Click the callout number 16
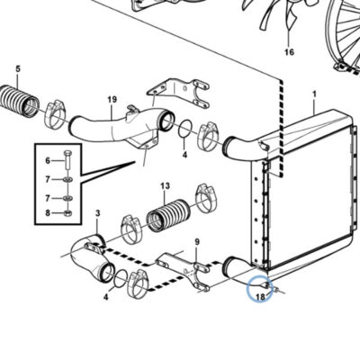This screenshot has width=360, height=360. click(289, 52)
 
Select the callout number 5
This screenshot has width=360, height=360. click(18, 68)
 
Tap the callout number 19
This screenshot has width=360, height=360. click(112, 99)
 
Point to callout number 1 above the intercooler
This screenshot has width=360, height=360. click(314, 94)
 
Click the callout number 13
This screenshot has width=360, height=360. click(165, 185)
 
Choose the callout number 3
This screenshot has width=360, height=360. click(97, 213)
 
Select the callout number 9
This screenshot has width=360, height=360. click(197, 241)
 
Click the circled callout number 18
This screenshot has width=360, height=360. click(260, 297)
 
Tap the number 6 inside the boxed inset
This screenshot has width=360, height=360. click(48, 161)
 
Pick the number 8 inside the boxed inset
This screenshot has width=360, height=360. click(48, 213)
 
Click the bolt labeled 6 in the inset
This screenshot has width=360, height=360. click(67, 160)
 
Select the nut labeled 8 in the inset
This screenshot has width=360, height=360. click(67, 213)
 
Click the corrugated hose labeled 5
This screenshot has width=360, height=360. click(19, 101)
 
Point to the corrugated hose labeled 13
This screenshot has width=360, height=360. click(167, 215)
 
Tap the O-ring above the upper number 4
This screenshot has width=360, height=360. click(186, 130)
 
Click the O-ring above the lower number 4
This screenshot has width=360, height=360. click(121, 279)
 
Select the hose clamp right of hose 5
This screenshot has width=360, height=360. click(55, 114)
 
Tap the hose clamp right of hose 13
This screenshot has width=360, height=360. click(206, 198)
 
